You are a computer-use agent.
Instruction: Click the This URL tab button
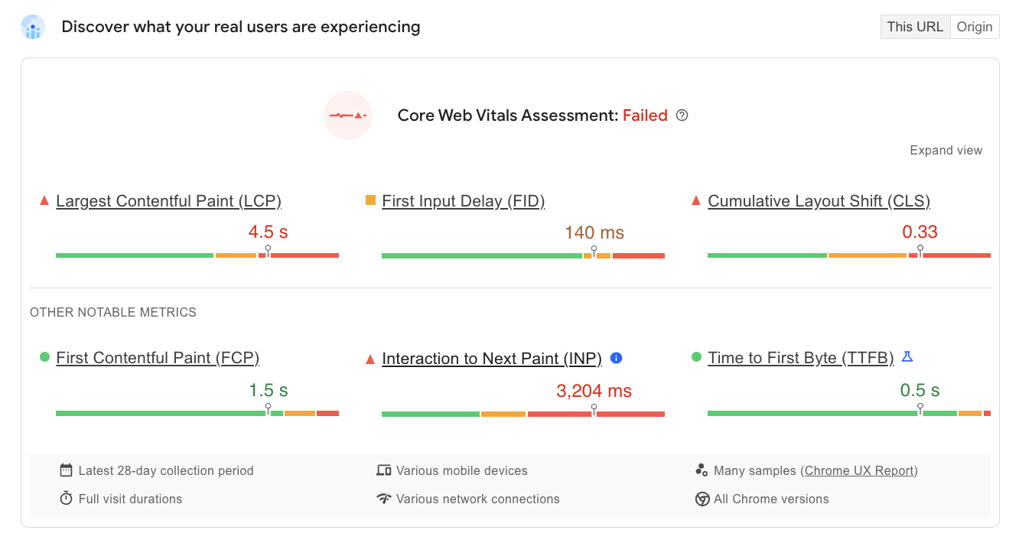click(915, 27)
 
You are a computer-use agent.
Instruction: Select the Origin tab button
click(975, 27)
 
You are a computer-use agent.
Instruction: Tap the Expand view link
click(946, 151)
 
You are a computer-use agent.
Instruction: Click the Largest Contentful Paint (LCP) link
click(168, 201)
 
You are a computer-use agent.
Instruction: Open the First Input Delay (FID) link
click(463, 201)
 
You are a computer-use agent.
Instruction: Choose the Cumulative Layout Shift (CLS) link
click(819, 201)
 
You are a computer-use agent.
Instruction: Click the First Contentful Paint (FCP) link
click(158, 358)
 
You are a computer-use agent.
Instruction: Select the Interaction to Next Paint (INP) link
click(492, 359)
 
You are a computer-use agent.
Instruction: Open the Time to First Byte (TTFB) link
click(800, 358)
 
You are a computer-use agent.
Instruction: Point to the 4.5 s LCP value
click(268, 232)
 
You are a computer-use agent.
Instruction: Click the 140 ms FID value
click(594, 232)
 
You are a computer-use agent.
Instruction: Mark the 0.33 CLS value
click(920, 232)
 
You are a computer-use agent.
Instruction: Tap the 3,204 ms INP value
click(594, 392)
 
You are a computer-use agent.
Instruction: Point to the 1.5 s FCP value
click(268, 391)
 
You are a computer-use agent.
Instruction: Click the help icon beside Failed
click(682, 115)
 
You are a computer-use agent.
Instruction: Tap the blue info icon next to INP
click(617, 358)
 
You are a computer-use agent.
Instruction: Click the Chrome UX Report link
click(861, 471)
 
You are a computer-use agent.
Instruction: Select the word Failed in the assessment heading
click(645, 115)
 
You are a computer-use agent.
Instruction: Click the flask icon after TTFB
click(907, 356)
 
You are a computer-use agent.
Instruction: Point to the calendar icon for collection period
click(67, 470)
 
